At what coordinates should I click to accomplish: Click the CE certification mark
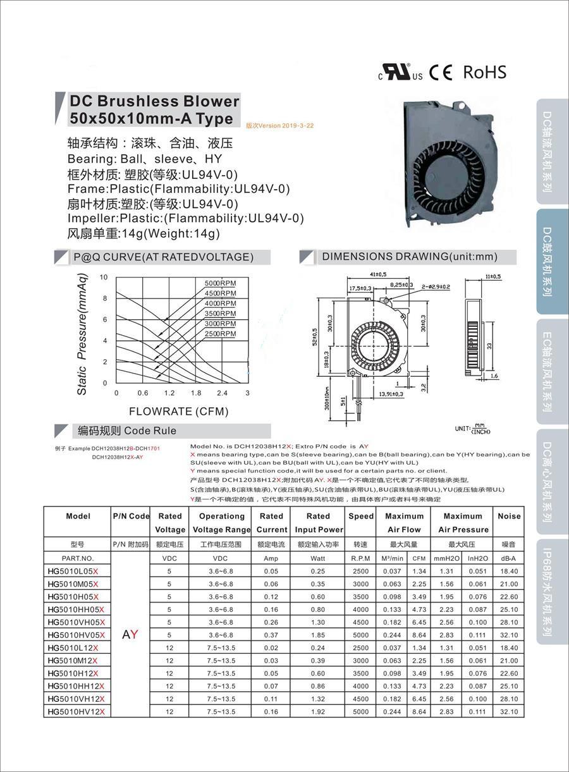[441, 73]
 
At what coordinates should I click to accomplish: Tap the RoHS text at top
[485, 72]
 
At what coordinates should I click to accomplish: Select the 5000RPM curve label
[220, 283]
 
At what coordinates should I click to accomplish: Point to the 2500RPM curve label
[220, 333]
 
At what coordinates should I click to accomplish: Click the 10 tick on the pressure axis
[104, 278]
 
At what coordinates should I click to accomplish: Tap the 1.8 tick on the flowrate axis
[195, 393]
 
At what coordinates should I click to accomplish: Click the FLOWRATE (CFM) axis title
[179, 412]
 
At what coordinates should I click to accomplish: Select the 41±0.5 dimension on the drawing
[377, 274]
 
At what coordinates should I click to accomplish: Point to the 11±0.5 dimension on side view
[492, 276]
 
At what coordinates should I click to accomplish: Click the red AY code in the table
[130, 634]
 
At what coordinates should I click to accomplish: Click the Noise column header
[509, 516]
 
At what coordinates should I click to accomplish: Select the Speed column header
[361, 516]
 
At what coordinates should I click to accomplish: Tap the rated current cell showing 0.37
[271, 635]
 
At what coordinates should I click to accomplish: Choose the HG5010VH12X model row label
[75, 699]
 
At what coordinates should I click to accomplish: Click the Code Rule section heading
[127, 431]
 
